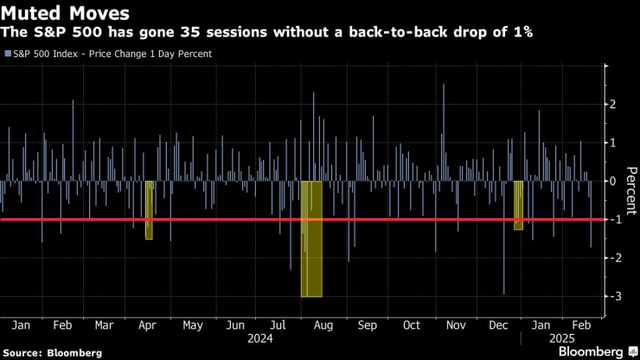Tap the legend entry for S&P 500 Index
click(x=108, y=54)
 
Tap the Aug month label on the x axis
click(x=322, y=325)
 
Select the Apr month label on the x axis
click(x=146, y=325)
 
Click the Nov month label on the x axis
click(x=455, y=325)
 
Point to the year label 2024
click(x=258, y=338)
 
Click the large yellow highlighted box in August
click(x=311, y=239)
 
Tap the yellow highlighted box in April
click(x=149, y=209)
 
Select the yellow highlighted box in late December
click(x=518, y=205)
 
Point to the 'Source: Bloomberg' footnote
click(x=52, y=353)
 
